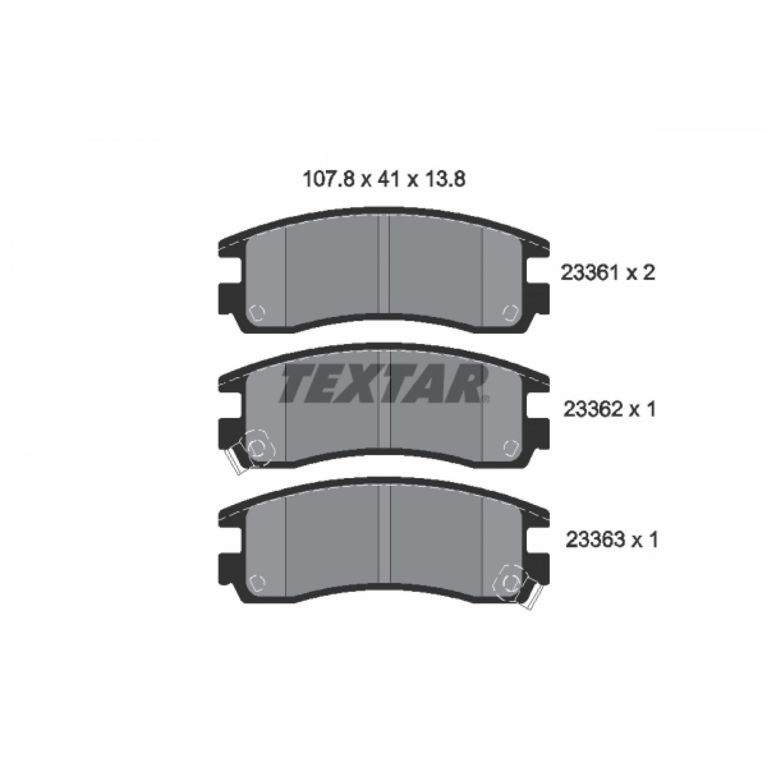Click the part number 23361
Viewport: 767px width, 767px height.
pyautogui.click(x=590, y=273)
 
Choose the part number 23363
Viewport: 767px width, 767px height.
pyautogui.click(x=594, y=540)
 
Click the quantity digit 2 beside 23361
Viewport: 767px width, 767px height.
pyautogui.click(x=648, y=273)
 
